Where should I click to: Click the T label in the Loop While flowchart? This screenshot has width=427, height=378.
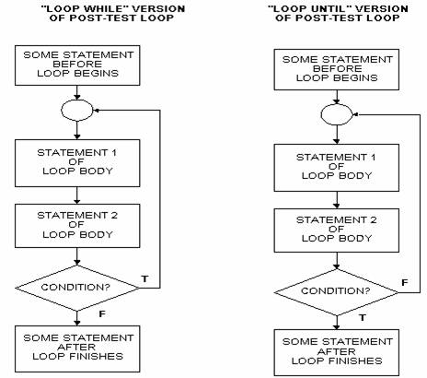click(144, 278)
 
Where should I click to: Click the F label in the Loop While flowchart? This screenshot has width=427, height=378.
click(102, 313)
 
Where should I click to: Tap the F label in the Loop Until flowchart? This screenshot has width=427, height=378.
click(405, 282)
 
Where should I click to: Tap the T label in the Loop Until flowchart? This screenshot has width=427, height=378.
click(363, 317)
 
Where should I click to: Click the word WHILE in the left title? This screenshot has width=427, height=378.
click(96, 8)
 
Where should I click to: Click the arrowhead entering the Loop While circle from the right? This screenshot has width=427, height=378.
click(96, 111)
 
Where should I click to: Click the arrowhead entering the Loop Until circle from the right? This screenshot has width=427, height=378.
click(356, 114)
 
